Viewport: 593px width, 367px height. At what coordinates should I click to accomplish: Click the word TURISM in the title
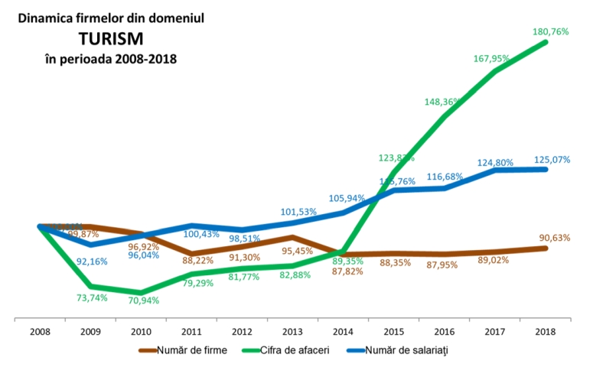click(111, 37)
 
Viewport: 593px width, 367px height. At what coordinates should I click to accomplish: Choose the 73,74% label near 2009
click(92, 297)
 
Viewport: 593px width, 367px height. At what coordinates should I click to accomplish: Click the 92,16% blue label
click(92, 261)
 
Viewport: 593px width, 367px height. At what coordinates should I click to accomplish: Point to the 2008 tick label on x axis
click(40, 333)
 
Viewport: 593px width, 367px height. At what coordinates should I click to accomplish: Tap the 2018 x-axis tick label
click(545, 333)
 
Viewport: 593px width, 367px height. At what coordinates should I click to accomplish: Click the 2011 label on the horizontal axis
click(191, 333)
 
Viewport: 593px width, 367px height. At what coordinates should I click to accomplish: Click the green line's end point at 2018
click(546, 42)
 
